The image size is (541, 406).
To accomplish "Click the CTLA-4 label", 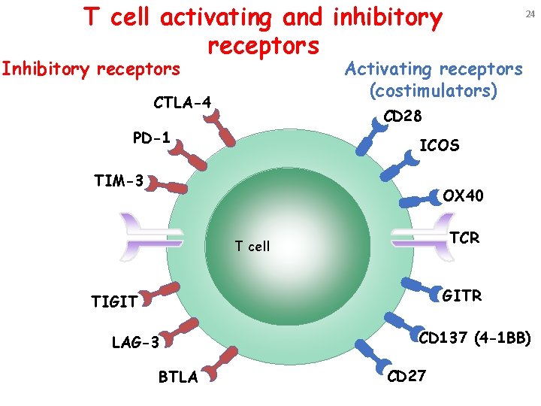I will tap(183, 102).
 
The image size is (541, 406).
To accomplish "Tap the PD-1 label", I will tap(151, 138).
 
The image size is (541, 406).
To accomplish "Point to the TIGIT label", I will tap(114, 302).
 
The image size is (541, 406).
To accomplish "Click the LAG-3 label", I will tap(135, 343).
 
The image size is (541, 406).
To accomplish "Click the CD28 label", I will tap(403, 117).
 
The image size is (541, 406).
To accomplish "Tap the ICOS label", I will tap(440, 146).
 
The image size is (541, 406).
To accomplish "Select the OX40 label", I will tap(464, 196).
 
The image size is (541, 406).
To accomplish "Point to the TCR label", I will tap(464, 238).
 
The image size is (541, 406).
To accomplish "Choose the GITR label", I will tap(463, 295).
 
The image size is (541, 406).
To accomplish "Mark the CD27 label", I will tap(406, 374).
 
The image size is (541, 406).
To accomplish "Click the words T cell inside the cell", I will tap(252, 246).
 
